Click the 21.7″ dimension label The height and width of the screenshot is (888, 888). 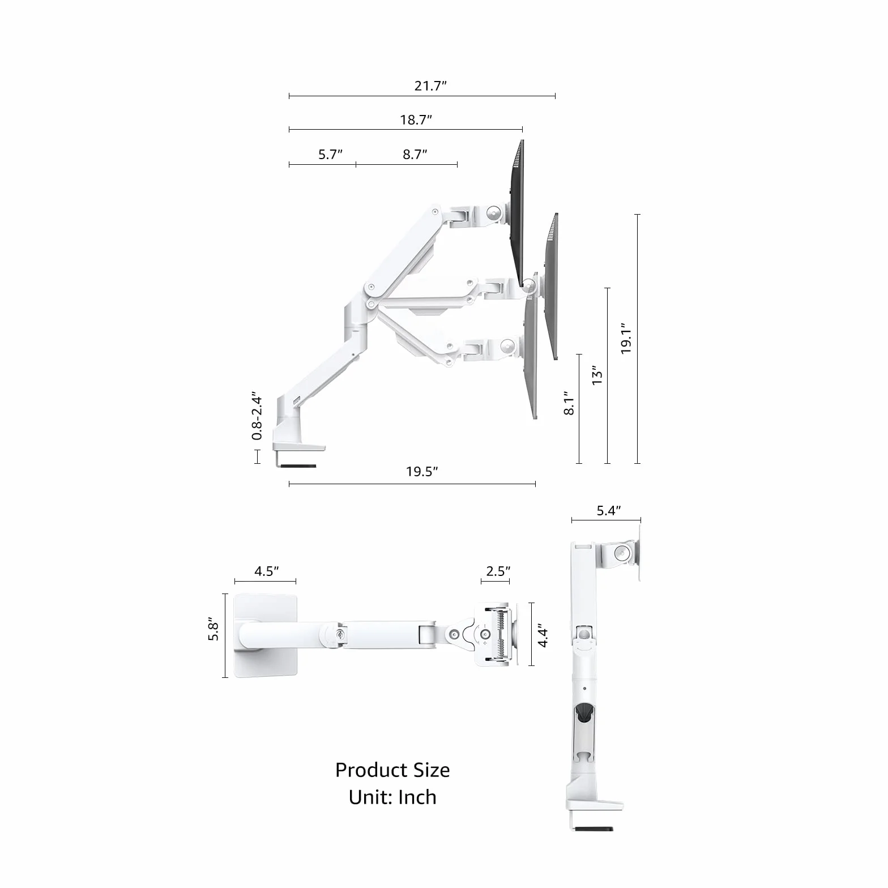(x=430, y=86)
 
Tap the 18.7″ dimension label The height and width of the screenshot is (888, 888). (x=416, y=120)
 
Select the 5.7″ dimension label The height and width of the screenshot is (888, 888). (x=330, y=155)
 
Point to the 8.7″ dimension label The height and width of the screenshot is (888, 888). (x=415, y=155)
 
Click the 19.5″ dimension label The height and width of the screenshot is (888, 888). (x=422, y=472)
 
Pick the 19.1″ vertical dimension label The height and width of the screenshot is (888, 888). (x=626, y=339)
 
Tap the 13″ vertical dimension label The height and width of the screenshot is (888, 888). (x=597, y=375)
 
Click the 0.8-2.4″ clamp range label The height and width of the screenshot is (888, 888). (x=257, y=415)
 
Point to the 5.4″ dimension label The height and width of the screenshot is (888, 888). (x=609, y=511)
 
